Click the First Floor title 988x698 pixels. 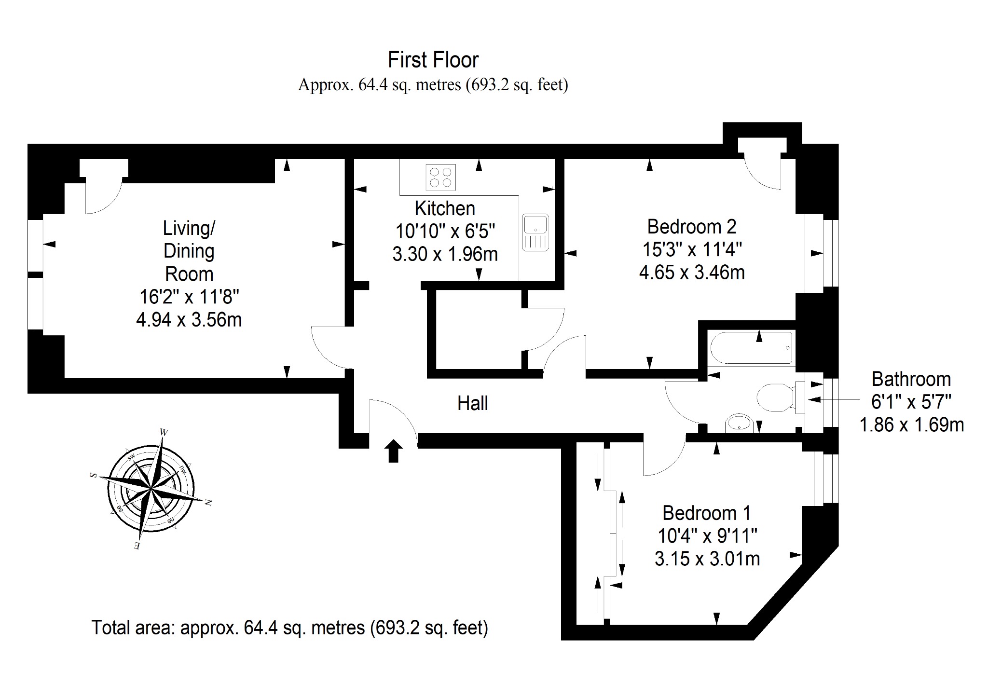[x=433, y=60]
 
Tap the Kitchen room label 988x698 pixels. [x=445, y=208]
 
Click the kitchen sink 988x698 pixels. [x=535, y=232]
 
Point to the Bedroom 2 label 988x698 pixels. [x=692, y=226]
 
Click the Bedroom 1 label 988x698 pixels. [x=707, y=513]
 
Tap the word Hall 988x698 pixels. [x=473, y=403]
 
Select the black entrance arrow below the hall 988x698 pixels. [x=394, y=451]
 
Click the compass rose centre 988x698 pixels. [x=151, y=489]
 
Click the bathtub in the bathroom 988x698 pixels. [x=752, y=348]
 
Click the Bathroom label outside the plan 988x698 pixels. [x=911, y=379]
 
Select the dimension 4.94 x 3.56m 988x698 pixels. [x=189, y=320]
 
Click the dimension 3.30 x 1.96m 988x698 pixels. [x=445, y=254]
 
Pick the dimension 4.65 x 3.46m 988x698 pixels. [x=692, y=273]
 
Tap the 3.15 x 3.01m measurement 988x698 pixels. [x=707, y=559]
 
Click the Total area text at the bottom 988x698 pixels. [x=290, y=628]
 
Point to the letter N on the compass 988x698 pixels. [x=208, y=503]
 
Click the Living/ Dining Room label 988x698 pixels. [x=189, y=251]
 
